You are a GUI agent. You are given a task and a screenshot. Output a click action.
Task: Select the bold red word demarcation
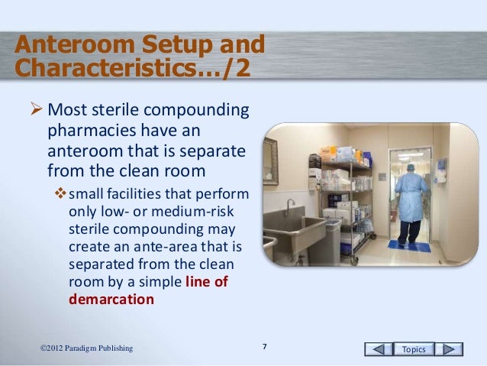[x=111, y=300]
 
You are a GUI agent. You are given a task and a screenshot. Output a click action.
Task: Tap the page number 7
[x=264, y=348]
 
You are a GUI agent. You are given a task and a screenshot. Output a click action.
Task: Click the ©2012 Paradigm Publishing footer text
[x=86, y=349]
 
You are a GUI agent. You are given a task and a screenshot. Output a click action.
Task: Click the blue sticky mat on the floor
[x=409, y=246]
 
